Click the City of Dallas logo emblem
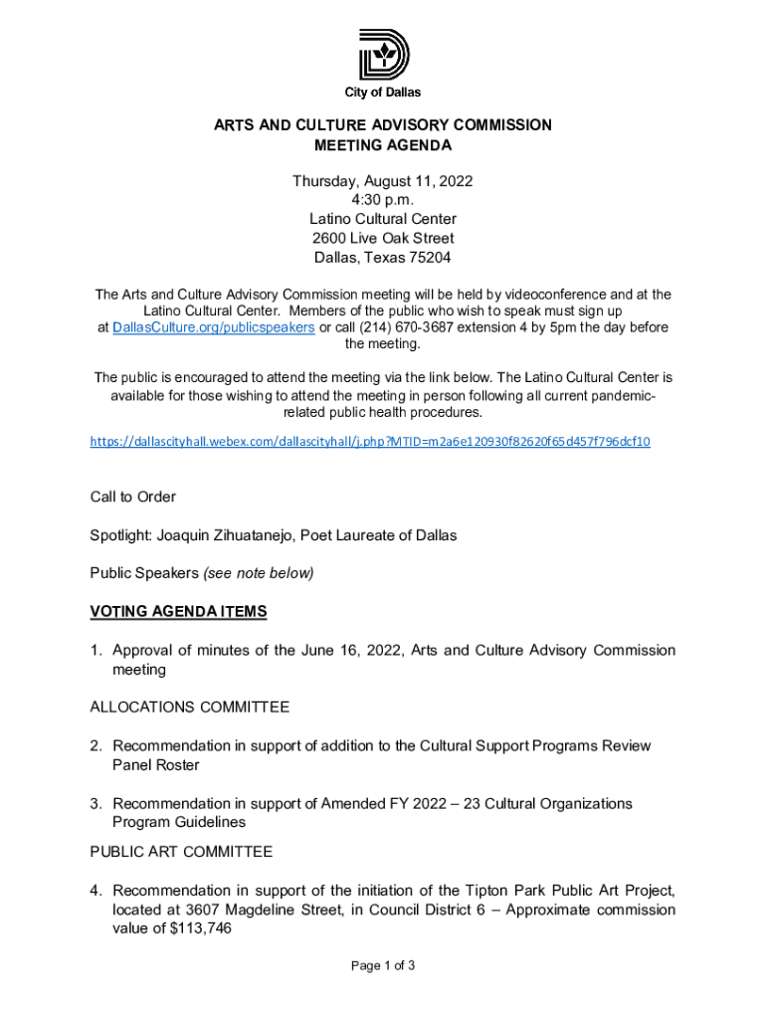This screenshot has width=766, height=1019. tap(383, 55)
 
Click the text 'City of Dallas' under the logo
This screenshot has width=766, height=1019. tap(383, 93)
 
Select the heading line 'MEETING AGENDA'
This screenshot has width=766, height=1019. tap(383, 145)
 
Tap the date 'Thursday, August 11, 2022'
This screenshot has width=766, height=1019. tap(382, 181)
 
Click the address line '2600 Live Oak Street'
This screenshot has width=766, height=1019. tap(382, 238)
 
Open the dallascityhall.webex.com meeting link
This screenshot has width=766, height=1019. tap(370, 440)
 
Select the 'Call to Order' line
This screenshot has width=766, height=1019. tap(133, 497)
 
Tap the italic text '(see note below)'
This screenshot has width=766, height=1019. tap(259, 573)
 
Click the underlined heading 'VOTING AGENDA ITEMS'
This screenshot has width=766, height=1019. tap(178, 611)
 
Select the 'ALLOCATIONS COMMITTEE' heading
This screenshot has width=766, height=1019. tap(190, 708)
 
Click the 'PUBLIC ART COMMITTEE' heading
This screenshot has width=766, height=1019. tap(181, 852)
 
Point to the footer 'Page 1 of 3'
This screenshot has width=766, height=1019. tap(382, 965)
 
